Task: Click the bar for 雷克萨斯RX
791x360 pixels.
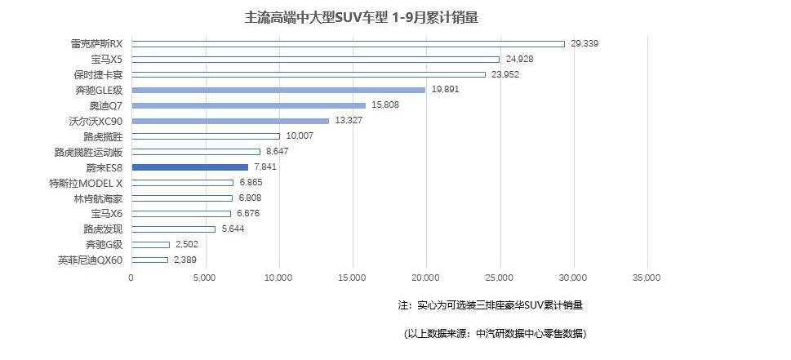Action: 348,44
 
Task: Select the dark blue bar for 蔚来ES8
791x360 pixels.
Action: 189,167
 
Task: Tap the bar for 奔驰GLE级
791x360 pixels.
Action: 278,90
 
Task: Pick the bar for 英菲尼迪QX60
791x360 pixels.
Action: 149,260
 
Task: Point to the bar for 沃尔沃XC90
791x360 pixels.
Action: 230,121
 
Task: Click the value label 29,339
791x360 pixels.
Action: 584,44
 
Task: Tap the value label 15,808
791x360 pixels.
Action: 385,105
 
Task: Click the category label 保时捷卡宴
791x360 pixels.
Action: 96,74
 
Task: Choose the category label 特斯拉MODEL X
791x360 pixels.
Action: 86,183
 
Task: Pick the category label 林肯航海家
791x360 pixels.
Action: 96,198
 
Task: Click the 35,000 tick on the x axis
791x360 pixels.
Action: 647,278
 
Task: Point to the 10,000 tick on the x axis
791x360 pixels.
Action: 279,278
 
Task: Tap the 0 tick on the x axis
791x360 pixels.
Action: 131,278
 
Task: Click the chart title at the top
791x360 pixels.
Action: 362,16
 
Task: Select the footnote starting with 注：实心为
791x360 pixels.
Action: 490,305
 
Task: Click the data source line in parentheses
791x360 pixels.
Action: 495,334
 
